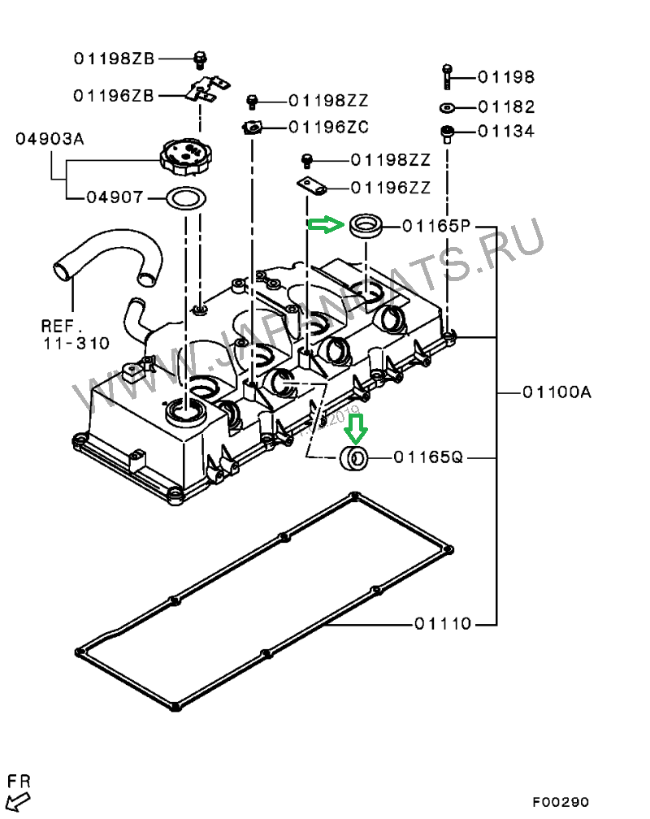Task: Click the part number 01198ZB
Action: tap(114, 58)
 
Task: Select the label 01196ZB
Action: tap(114, 95)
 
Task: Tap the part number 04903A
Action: tap(50, 139)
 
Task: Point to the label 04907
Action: tap(114, 197)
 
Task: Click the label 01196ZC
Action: tap(328, 127)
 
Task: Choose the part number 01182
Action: tap(505, 106)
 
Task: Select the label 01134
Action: tap(505, 131)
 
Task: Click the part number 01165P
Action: tap(437, 227)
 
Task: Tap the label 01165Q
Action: tap(428, 457)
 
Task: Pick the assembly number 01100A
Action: tap(556, 392)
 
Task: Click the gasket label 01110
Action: tap(443, 624)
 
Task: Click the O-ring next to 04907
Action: tap(186, 197)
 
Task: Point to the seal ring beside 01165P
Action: tap(367, 225)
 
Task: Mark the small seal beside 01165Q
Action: tap(355, 457)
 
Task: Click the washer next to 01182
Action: tap(447, 106)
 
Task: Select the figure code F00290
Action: tap(561, 802)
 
